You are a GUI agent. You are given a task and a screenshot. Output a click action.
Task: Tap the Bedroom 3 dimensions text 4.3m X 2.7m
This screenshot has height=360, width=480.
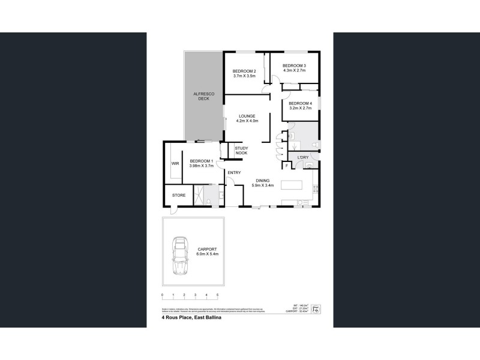(294, 71)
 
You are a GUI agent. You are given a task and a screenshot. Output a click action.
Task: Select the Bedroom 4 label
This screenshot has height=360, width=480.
(301, 104)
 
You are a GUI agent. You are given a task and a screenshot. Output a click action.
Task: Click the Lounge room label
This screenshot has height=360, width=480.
(247, 116)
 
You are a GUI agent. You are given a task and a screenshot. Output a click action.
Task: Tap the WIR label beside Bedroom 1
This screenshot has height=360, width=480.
(176, 163)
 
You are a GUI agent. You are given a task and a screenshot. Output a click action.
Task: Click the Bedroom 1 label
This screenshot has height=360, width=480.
(202, 161)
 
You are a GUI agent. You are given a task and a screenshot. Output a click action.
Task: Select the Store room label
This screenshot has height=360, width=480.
(179, 195)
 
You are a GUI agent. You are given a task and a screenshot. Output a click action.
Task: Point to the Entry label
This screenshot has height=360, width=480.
(234, 173)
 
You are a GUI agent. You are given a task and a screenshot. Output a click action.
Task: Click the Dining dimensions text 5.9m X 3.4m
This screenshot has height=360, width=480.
(262, 185)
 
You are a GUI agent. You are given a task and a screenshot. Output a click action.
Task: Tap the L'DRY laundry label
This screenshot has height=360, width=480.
(303, 158)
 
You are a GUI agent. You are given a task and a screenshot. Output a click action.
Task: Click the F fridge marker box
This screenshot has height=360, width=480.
(287, 165)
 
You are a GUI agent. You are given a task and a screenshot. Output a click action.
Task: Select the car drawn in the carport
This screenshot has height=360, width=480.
(180, 256)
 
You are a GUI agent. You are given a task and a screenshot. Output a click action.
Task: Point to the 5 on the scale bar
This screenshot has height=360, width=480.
(218, 295)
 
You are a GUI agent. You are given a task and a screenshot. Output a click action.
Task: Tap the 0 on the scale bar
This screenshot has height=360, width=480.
(163, 295)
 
